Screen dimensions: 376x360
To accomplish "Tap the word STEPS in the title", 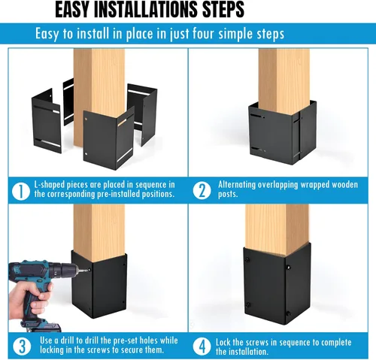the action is (x=223, y=10).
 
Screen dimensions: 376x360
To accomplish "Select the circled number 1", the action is (x=21, y=192).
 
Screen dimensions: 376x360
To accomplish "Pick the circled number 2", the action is (x=202, y=191).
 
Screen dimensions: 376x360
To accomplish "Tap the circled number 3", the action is (x=22, y=346).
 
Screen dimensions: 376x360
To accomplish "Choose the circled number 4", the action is (x=202, y=346).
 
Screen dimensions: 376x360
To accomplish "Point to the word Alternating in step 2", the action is (x=233, y=185).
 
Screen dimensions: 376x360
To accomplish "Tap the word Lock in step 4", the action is (x=223, y=342).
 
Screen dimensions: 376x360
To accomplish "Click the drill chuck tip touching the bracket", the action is (x=89, y=270).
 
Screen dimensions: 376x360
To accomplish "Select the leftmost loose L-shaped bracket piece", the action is (x=47, y=121).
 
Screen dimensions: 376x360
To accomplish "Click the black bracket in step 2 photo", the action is (x=283, y=133).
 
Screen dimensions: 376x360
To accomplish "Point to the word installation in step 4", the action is (x=250, y=352).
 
